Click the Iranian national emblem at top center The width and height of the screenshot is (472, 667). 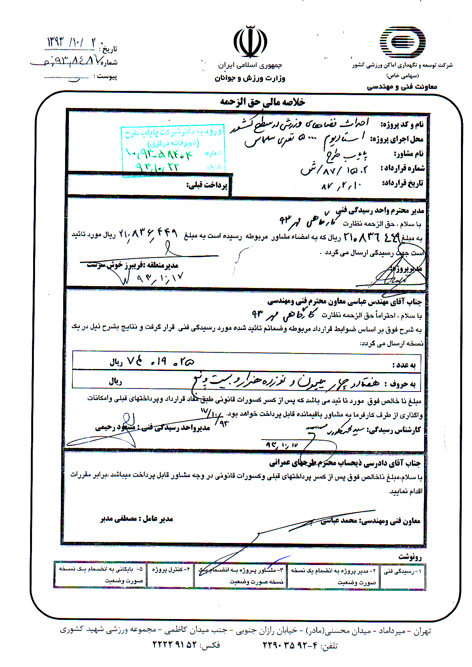coord(250,42)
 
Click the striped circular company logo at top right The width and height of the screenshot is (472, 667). coord(402,42)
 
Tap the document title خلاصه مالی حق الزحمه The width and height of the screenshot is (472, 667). coord(262,102)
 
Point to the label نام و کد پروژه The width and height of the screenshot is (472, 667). coord(402,124)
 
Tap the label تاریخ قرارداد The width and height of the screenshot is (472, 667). coord(402,183)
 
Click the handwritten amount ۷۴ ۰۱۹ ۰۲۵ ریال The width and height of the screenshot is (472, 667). coord(152,361)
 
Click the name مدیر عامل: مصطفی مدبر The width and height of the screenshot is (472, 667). coord(137,519)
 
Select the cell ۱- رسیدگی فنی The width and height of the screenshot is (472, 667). coord(403,571)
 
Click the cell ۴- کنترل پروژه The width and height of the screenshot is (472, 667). coord(171,570)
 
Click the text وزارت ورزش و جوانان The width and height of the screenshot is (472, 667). coord(250,78)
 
